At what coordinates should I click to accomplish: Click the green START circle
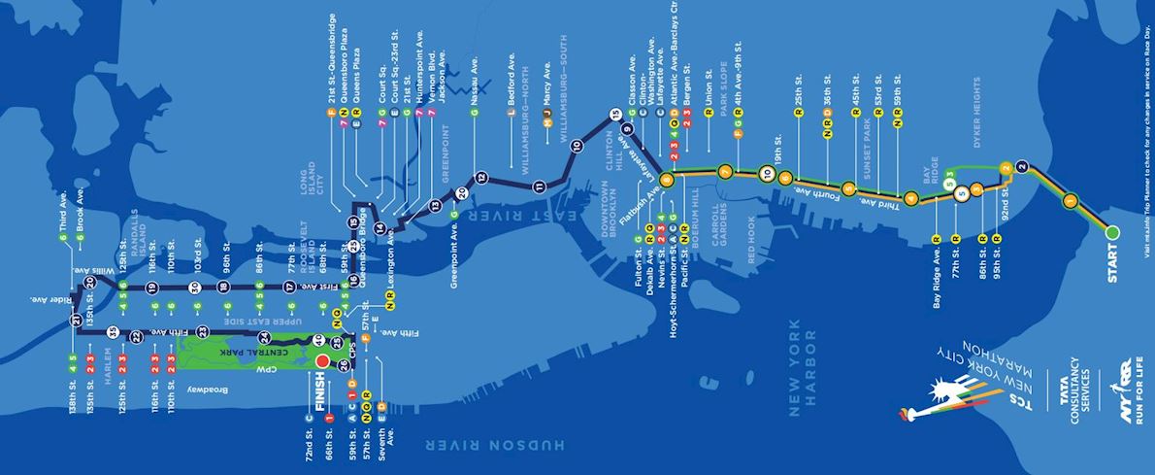pyautogui.click(x=1112, y=232)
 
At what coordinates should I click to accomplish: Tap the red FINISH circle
pyautogui.click(x=322, y=361)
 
